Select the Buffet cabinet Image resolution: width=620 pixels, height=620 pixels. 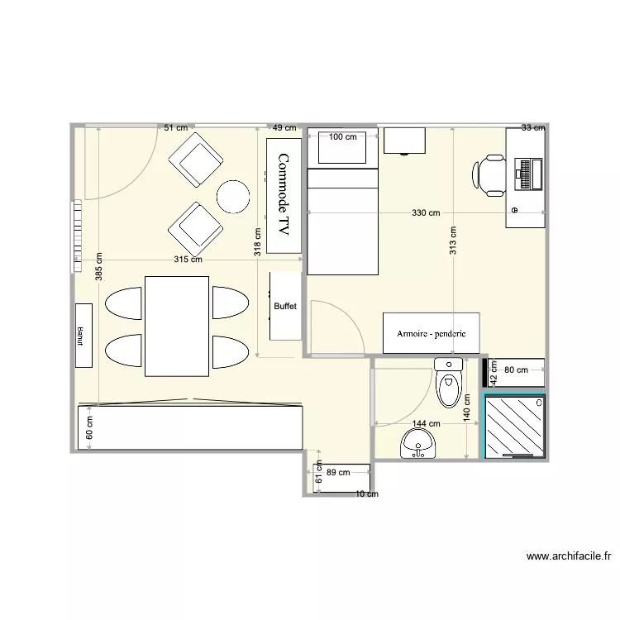tap(285, 306)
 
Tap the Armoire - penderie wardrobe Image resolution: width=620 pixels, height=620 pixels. tap(431, 333)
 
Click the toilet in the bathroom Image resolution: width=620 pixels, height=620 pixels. tap(448, 383)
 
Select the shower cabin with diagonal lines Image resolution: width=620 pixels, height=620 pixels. tap(514, 426)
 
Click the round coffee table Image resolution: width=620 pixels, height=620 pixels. tap(233, 196)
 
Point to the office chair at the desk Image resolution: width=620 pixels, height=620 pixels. tap(489, 175)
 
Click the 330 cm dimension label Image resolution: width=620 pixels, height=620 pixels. tap(426, 213)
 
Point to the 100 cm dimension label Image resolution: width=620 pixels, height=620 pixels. tap(343, 137)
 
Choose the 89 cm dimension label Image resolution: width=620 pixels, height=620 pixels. tap(337, 473)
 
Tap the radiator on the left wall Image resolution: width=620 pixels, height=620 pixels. tap(76, 235)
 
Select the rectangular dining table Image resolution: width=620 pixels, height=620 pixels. tap(177, 326)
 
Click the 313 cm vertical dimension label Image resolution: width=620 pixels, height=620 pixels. tap(452, 241)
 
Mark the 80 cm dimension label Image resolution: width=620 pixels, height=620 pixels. tap(515, 370)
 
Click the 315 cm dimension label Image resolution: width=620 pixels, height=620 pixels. tap(188, 260)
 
